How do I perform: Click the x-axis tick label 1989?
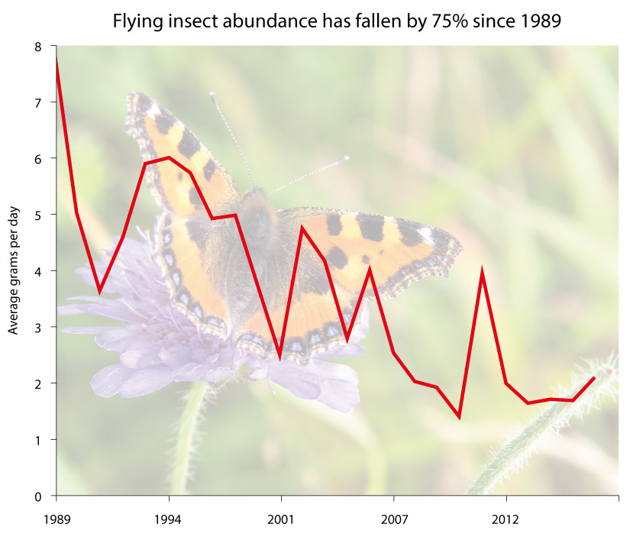click(56, 519)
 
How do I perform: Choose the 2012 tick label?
click(506, 519)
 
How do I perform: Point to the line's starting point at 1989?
click(56, 60)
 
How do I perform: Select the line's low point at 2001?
click(280, 356)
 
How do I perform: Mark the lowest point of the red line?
click(459, 416)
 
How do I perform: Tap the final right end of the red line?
click(594, 377)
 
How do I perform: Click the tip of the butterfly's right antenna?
click(347, 157)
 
